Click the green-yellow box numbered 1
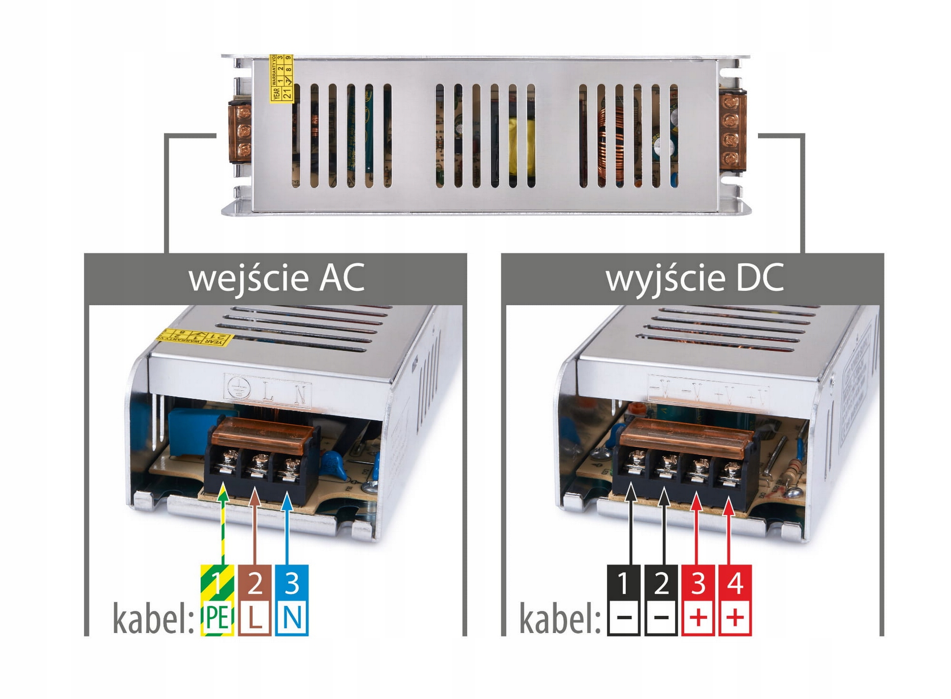217,583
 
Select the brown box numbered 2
254,583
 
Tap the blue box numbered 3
292,583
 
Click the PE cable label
217,618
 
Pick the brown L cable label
254,618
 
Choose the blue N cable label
292,618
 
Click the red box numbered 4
735,583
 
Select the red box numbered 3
698,583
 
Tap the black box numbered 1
624,583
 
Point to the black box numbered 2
661,583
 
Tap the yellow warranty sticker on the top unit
281,78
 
